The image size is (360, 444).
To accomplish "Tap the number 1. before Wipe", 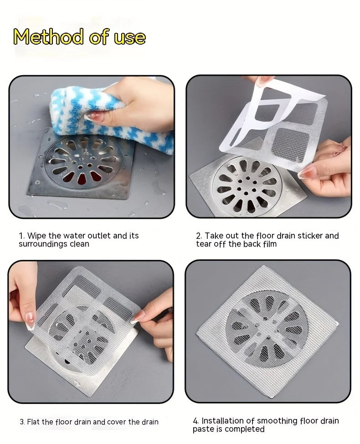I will (21, 236).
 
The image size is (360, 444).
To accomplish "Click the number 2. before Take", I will (199, 236).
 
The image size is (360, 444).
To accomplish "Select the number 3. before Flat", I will (22, 422).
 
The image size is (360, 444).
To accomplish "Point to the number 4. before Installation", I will (196, 421).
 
